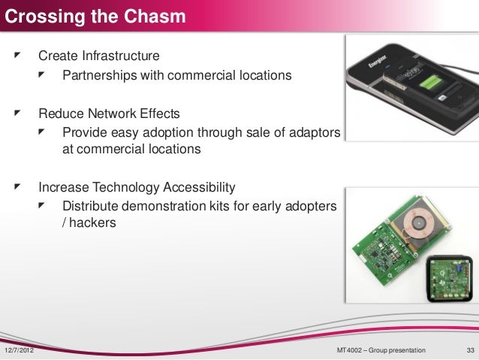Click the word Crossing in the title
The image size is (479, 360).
(38, 14)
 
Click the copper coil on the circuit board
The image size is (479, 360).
(413, 226)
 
